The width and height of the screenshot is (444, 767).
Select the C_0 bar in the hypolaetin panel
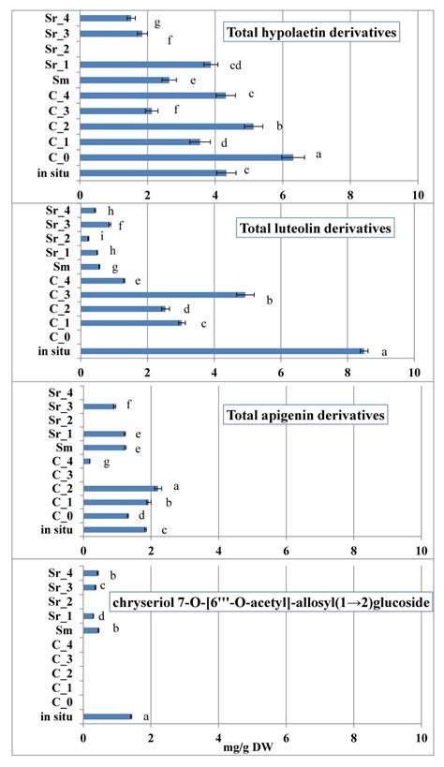(187, 157)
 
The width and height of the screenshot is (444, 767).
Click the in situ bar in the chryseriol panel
(107, 716)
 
